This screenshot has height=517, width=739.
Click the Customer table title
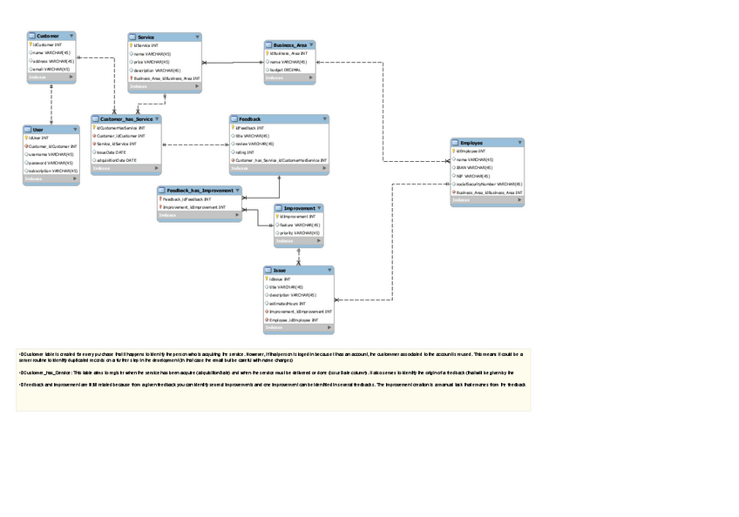[48, 36]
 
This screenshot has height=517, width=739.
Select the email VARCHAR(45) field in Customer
[51, 69]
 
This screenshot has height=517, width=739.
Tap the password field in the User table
[51, 163]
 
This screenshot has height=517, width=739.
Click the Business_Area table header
[289, 44]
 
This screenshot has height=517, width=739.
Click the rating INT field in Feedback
[243, 152]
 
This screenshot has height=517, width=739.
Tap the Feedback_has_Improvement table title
[197, 190]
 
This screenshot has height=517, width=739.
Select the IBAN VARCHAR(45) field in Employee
[474, 167]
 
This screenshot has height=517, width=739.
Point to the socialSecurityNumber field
[488, 184]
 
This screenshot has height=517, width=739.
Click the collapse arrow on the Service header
[197, 37]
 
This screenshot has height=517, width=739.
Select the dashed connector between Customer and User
[51, 104]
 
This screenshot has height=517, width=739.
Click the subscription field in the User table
[53, 171]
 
